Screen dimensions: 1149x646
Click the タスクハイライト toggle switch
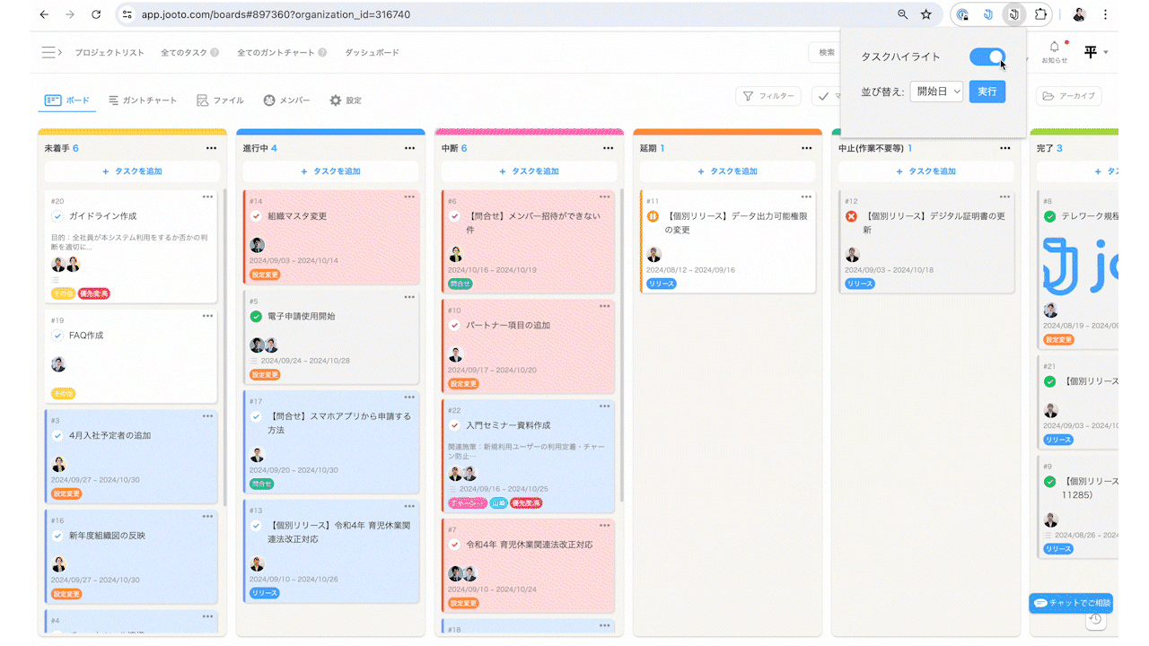click(x=987, y=57)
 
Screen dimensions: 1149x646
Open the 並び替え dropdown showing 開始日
click(x=936, y=92)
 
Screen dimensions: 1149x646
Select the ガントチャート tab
click(x=143, y=100)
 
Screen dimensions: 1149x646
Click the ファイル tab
click(x=220, y=100)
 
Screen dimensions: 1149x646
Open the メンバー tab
click(x=286, y=100)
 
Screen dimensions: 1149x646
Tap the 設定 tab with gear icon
click(x=346, y=100)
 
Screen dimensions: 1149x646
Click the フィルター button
click(x=768, y=96)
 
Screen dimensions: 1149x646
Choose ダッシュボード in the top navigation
click(x=372, y=53)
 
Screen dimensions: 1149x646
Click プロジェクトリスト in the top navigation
click(x=109, y=53)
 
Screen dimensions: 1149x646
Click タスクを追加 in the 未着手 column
click(x=132, y=171)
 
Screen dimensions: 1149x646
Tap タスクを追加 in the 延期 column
click(x=728, y=171)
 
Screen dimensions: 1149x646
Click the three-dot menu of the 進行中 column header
click(x=410, y=148)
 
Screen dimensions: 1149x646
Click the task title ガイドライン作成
click(x=102, y=216)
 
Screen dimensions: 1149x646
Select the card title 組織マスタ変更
click(x=297, y=216)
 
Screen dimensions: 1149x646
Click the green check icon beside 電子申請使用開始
click(x=256, y=317)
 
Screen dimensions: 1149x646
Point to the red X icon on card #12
click(x=851, y=216)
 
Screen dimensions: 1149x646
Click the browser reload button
click(x=96, y=15)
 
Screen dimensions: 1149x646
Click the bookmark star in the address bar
click(x=926, y=15)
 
